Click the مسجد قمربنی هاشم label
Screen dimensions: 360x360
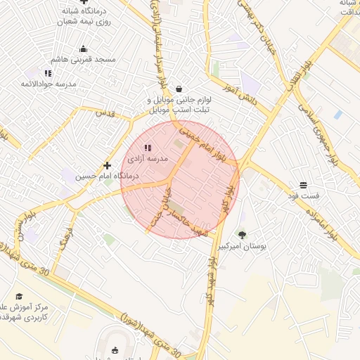pyautogui.click(x=84, y=60)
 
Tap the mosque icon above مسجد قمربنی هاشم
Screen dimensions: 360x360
pyautogui.click(x=84, y=49)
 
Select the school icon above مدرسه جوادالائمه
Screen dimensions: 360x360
pyautogui.click(x=48, y=73)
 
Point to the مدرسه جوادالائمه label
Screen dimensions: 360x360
pyautogui.click(x=48, y=84)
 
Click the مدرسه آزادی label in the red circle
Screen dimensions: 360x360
pyautogui.click(x=148, y=160)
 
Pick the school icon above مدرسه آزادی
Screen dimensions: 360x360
pyautogui.click(x=148, y=148)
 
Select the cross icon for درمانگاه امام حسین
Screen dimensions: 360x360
pyautogui.click(x=107, y=165)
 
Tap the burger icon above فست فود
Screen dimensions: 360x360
pyautogui.click(x=303, y=184)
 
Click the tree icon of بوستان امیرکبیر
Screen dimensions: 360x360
pyautogui.click(x=243, y=235)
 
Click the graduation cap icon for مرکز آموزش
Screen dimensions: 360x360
pyautogui.click(x=19, y=296)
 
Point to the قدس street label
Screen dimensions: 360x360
pyautogui.click(x=104, y=113)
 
